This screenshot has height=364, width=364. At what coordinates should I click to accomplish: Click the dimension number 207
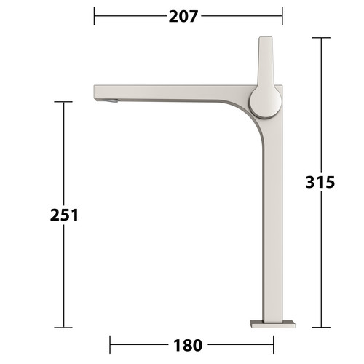(183, 17)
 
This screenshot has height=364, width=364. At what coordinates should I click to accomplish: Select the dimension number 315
(320, 182)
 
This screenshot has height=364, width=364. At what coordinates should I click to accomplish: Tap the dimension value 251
(64, 215)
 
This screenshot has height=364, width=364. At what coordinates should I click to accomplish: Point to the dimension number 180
(188, 345)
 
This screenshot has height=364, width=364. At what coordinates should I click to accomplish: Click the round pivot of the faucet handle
(266, 103)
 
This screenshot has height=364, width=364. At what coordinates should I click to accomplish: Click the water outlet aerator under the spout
(111, 100)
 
